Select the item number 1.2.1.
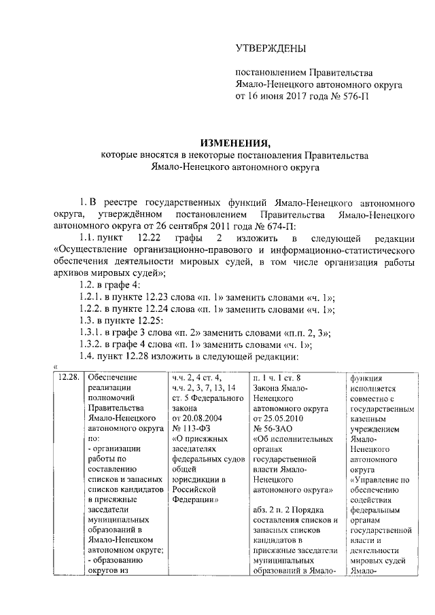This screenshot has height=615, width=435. point(92,297)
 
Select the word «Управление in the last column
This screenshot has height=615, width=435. point(379,480)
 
